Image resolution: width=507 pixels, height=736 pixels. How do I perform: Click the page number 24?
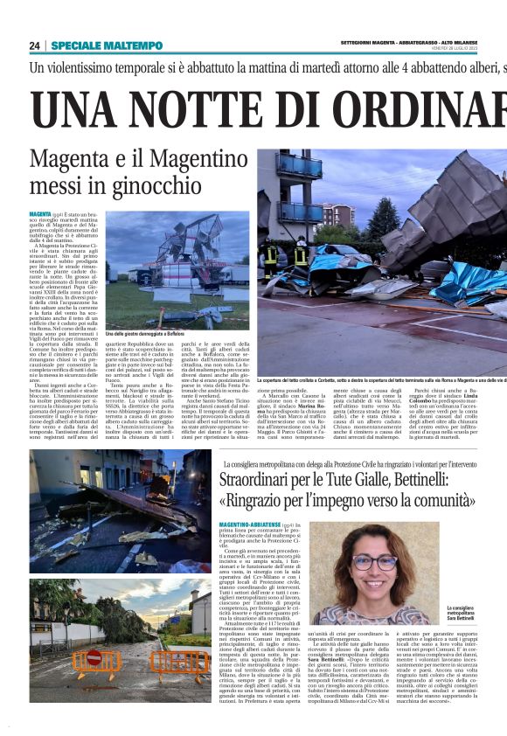34,45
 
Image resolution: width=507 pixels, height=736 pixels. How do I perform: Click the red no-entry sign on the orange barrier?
94,656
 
